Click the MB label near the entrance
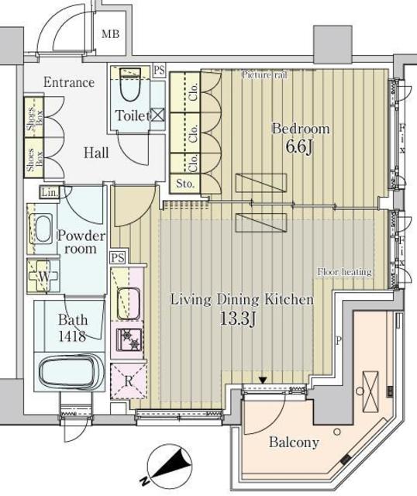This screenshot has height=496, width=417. click(112, 34)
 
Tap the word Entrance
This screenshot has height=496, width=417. click(69, 82)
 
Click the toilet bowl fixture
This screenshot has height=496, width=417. click(131, 91)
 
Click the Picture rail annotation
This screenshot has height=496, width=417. click(264, 74)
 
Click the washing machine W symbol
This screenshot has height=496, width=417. click(44, 276)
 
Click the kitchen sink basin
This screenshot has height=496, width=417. click(127, 301)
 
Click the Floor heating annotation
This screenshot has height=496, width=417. click(344, 272)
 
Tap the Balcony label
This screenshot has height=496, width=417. click(294, 443)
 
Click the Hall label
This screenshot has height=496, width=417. click(96, 153)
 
